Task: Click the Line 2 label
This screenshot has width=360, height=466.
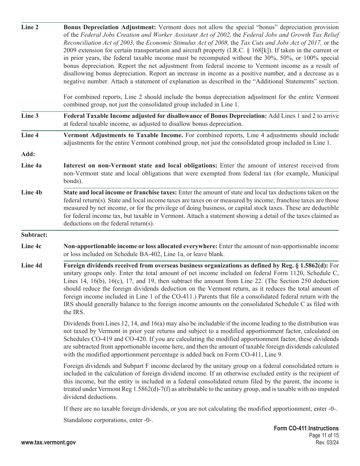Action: coord(30,27)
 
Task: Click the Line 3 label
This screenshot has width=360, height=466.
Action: coord(30,116)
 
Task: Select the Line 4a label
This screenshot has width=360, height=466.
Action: coord(31,165)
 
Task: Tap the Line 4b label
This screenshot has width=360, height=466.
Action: coord(31,192)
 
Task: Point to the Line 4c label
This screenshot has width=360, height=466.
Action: coord(31,246)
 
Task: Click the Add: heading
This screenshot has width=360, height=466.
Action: coord(28,154)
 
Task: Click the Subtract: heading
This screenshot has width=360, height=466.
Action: coord(34,235)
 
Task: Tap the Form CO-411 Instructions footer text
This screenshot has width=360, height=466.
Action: coord(306,428)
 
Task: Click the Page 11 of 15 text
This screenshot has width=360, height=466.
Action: coord(324,436)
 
